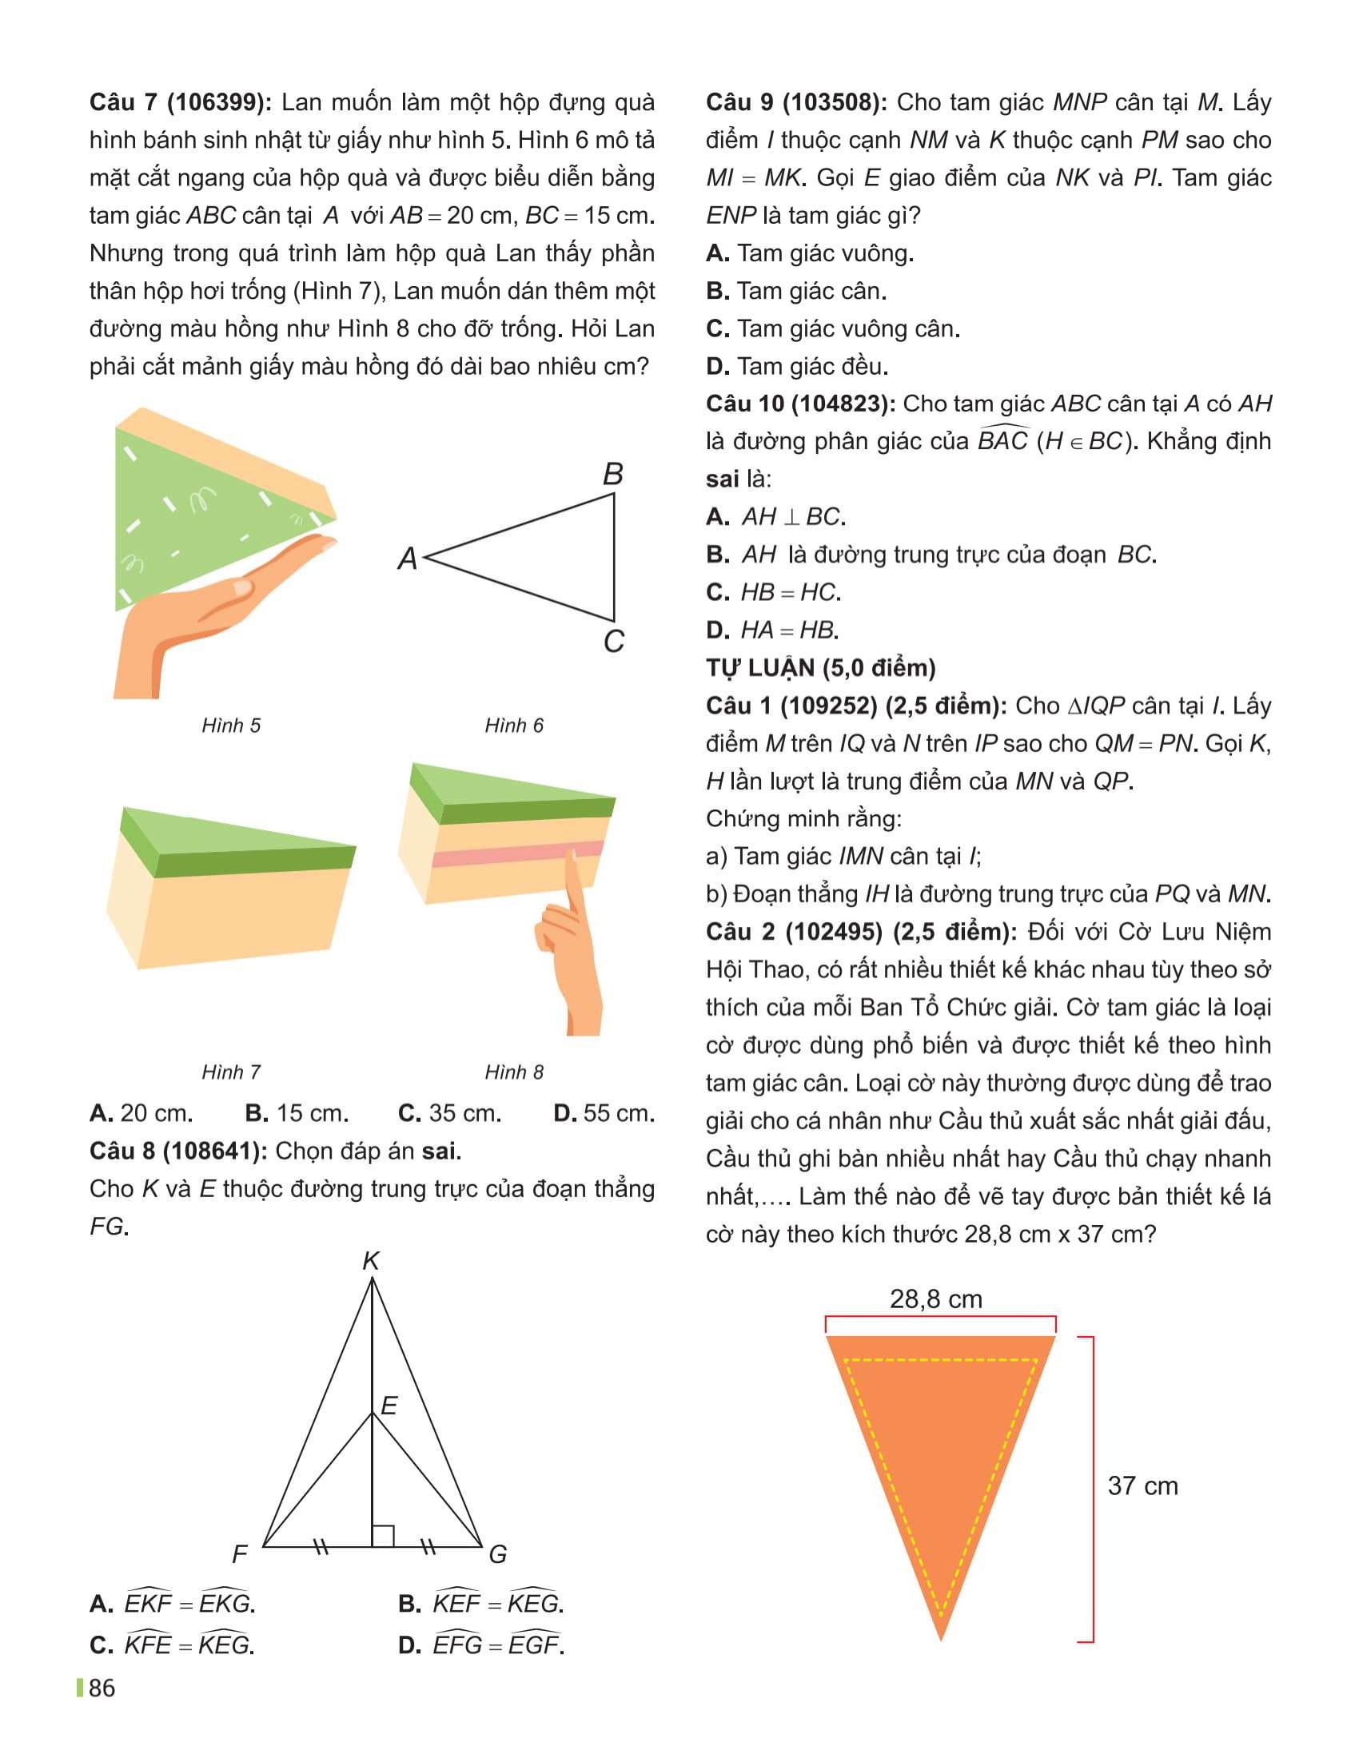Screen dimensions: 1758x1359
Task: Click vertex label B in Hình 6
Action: pyautogui.click(x=612, y=474)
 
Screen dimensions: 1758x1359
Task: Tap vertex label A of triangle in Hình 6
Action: pyautogui.click(x=408, y=558)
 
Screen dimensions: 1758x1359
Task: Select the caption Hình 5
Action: pyautogui.click(x=231, y=726)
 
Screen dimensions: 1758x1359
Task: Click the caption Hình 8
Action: pyautogui.click(x=514, y=1072)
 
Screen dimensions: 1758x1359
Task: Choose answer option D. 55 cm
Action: pyautogui.click(x=604, y=1113)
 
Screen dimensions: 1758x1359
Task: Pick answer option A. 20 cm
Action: pyautogui.click(x=141, y=1113)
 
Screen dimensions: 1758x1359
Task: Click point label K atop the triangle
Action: pyautogui.click(x=370, y=1260)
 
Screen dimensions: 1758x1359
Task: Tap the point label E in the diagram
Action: pyautogui.click(x=389, y=1406)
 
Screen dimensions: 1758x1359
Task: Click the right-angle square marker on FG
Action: pyautogui.click(x=382, y=1536)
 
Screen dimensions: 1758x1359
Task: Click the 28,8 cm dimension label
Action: pyautogui.click(x=935, y=1299)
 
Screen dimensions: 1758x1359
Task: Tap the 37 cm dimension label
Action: pyautogui.click(x=1142, y=1486)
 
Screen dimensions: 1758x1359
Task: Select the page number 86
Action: pyautogui.click(x=102, y=1688)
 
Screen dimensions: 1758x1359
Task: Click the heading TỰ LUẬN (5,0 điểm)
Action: pyautogui.click(x=820, y=667)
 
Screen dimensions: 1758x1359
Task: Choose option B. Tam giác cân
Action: pyautogui.click(x=796, y=291)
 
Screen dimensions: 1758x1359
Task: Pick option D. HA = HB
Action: pyautogui.click(x=772, y=630)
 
